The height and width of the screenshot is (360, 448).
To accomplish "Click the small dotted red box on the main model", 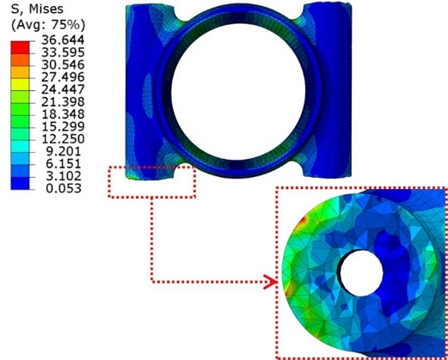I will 151,180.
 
